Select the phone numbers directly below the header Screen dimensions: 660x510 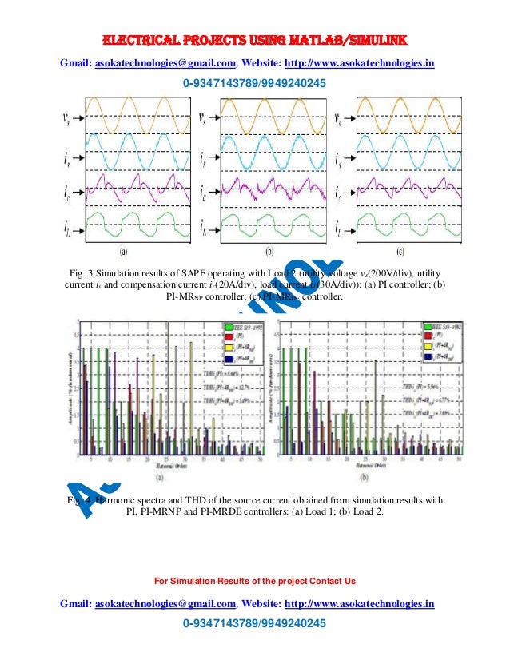point(255,83)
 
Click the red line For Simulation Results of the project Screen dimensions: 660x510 point(255,580)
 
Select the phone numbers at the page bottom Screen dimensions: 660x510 point(255,623)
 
